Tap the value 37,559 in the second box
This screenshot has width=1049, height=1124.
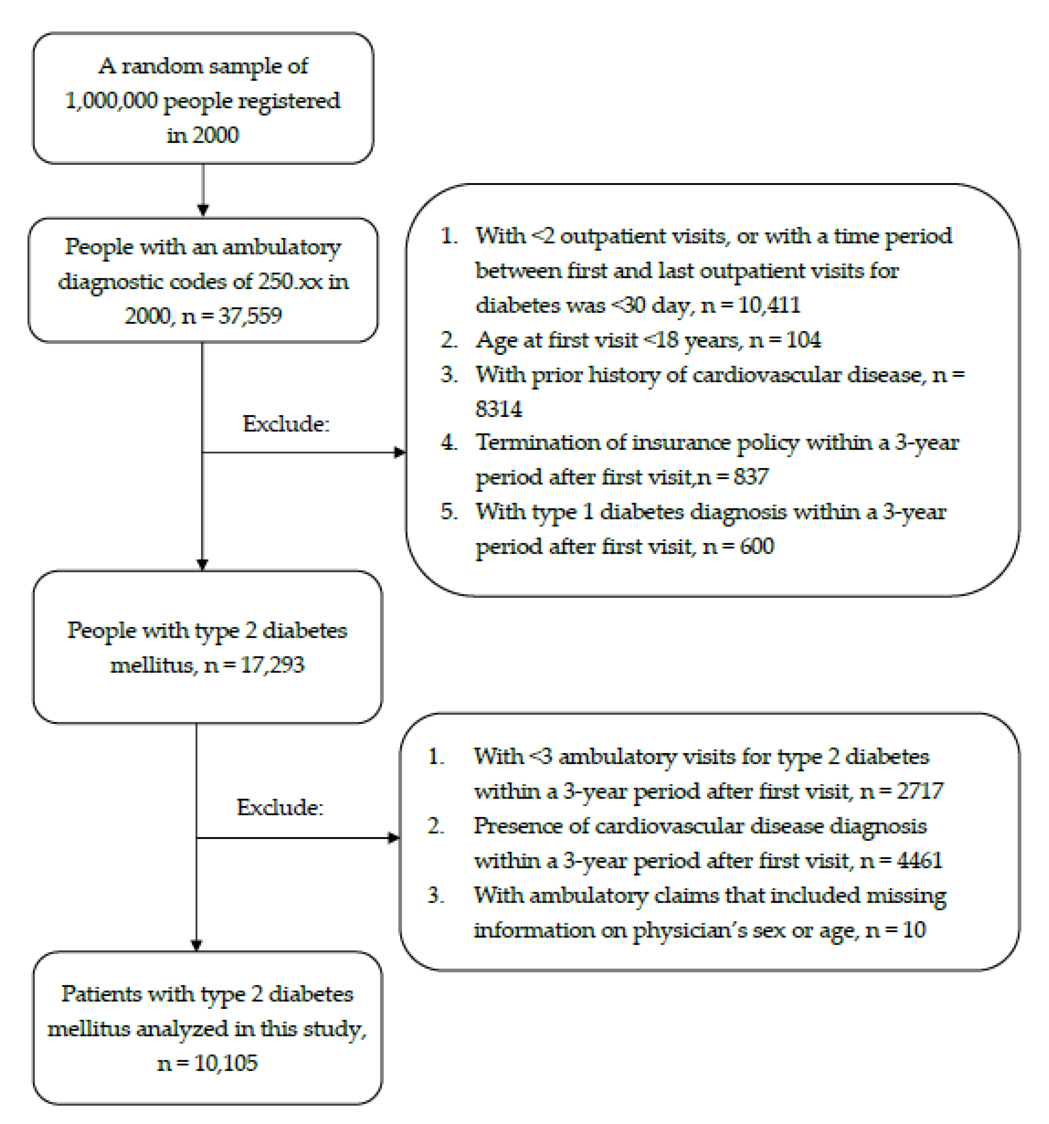click(x=250, y=316)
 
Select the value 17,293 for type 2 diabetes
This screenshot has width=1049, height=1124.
click(x=273, y=665)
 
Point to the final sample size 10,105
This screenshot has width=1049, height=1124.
click(x=226, y=1063)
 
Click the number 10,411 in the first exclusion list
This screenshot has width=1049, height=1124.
click(x=769, y=305)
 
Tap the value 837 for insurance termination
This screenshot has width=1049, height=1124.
click(x=751, y=477)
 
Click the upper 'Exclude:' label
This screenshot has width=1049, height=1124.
click(x=286, y=423)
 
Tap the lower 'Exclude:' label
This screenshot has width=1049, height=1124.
click(x=279, y=807)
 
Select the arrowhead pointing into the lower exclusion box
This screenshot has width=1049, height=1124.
click(x=394, y=838)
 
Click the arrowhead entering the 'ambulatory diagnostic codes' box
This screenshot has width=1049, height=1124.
click(x=203, y=210)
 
